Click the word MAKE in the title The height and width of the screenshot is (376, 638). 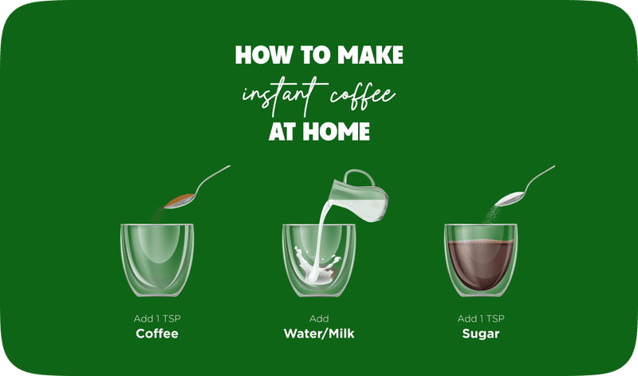point(370,54)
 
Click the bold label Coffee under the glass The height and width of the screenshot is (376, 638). point(157,333)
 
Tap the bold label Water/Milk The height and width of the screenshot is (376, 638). point(318,333)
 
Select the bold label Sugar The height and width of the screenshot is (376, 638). point(480,333)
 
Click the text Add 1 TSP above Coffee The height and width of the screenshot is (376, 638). point(157,319)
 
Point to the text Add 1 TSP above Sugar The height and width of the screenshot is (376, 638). point(480,319)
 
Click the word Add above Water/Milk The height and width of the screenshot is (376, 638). point(318,319)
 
